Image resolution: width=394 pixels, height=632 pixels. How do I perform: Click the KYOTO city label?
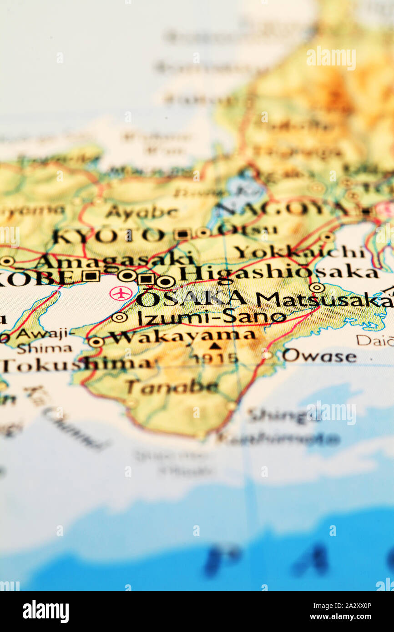(x=108, y=236)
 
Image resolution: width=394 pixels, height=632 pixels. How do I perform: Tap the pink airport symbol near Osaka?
(x=121, y=293)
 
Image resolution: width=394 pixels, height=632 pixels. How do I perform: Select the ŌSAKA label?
(x=191, y=299)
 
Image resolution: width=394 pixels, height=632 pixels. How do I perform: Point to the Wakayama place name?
(x=182, y=337)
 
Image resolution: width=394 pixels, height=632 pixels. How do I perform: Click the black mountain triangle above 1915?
(x=215, y=346)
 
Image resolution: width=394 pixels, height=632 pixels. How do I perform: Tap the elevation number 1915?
(x=214, y=358)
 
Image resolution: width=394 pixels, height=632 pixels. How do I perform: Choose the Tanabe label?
(x=172, y=387)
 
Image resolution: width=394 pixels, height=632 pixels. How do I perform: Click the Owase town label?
(x=319, y=356)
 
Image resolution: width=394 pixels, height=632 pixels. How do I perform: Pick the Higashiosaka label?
(x=278, y=273)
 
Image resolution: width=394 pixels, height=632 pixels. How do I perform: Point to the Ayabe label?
(x=141, y=212)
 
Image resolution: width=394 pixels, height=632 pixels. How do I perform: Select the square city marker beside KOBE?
(x=91, y=276)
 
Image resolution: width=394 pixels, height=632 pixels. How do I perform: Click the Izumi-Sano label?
(x=212, y=317)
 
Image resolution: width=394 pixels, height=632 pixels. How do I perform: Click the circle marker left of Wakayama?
(x=96, y=342)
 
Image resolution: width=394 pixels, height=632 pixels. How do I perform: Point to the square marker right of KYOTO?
(x=182, y=234)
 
